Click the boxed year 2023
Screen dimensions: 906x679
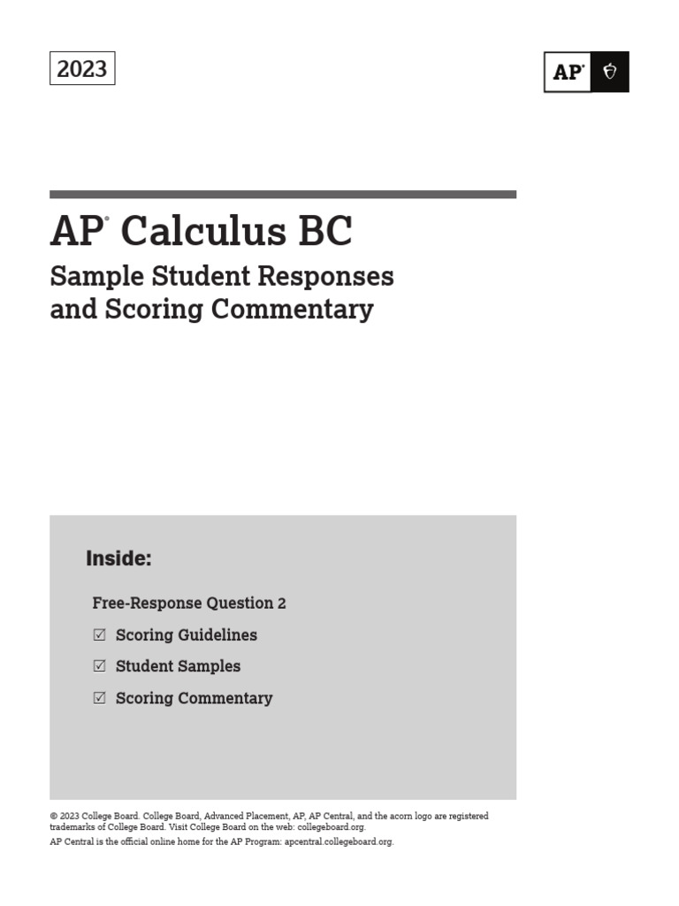[82, 69]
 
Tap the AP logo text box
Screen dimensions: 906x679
[568, 73]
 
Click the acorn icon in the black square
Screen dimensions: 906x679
[610, 73]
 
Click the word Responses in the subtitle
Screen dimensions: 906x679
[324, 277]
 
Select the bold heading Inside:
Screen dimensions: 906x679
[118, 559]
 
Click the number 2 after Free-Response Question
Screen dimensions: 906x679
[282, 603]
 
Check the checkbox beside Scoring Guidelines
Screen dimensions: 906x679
[99, 634]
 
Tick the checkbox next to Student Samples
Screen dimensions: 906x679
[99, 666]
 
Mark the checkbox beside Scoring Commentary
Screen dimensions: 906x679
[99, 698]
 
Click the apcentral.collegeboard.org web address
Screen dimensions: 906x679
[339, 842]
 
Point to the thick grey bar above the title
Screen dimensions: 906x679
[283, 194]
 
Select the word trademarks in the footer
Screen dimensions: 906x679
[71, 827]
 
